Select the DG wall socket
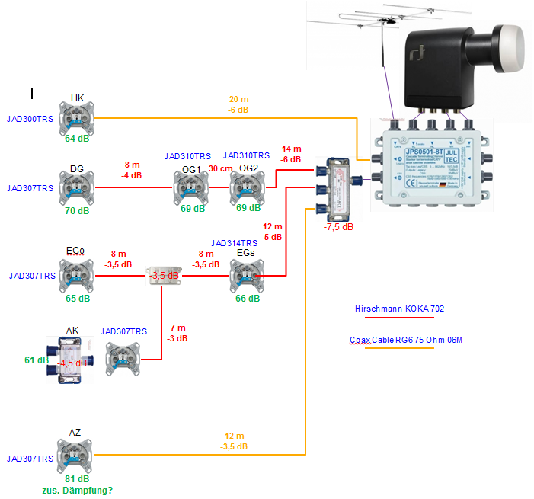coord(77,187)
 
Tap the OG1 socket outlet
coord(190,187)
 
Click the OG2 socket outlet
coord(246,187)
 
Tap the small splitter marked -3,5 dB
coord(162,275)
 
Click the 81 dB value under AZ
coord(77,479)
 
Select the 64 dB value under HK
coord(77,139)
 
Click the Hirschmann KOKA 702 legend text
coord(399,309)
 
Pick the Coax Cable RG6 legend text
coord(406,340)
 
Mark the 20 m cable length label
coord(238,100)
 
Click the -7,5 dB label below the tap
coord(337,227)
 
